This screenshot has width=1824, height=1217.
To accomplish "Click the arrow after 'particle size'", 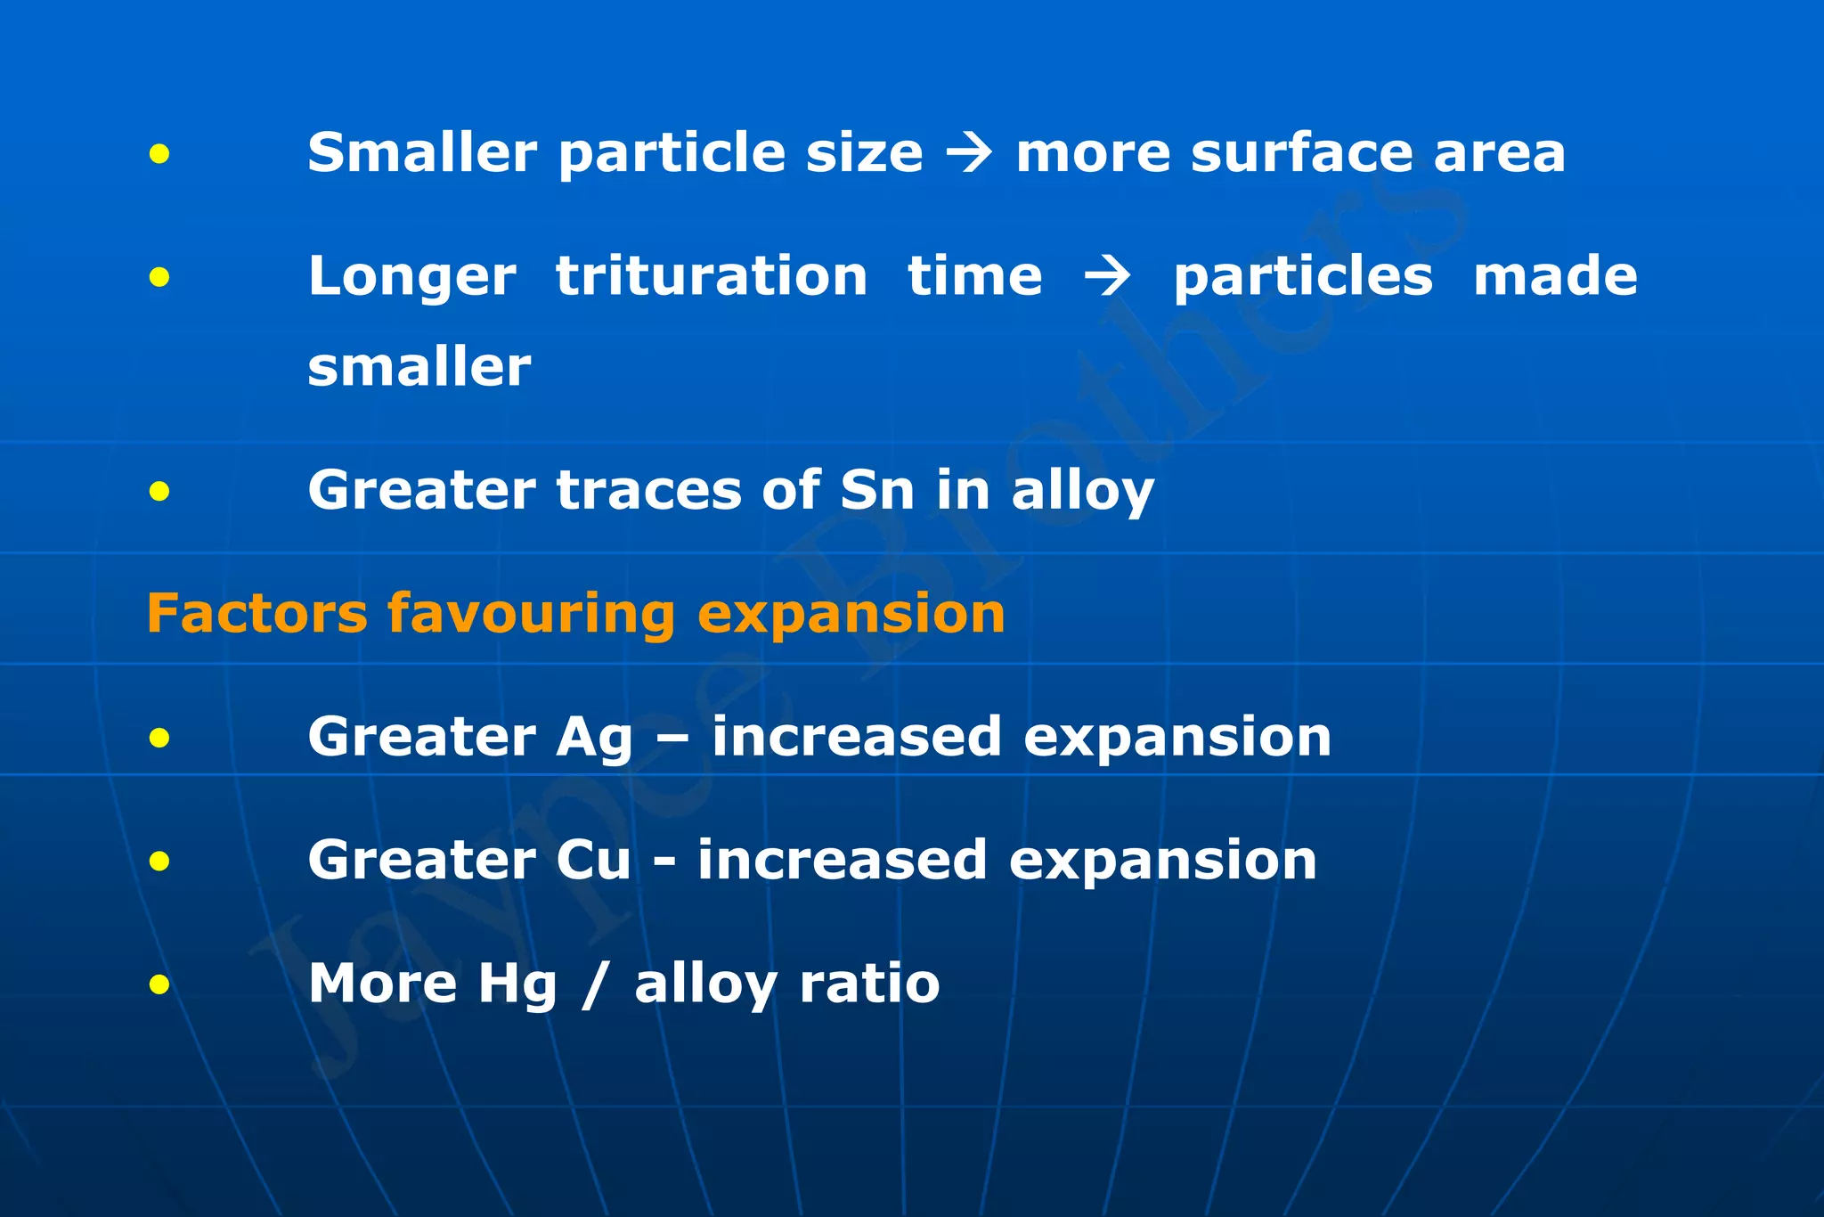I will point(969,152).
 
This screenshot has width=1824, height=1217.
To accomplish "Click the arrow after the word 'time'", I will point(1108,275).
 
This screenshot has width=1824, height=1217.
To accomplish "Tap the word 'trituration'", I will point(712,275).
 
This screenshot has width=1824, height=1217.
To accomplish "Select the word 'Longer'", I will point(411,277).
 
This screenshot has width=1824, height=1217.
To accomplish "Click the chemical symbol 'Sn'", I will point(877,489).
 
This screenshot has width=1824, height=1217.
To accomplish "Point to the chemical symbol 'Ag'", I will point(594,739).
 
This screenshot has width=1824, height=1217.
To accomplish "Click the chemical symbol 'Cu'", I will point(593,860).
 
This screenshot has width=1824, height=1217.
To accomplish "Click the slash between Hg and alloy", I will point(595,985).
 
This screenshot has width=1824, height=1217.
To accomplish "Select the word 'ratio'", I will point(869,984).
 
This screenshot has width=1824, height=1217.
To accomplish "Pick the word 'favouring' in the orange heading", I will point(531,615).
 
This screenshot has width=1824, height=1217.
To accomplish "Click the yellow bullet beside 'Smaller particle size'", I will point(159,154).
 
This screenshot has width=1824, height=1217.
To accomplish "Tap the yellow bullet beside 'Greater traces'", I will point(159,491).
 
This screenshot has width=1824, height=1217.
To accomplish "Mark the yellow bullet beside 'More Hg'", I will point(159,984).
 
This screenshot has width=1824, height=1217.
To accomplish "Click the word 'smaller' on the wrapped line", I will point(419,366).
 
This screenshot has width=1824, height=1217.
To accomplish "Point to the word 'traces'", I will point(647,490).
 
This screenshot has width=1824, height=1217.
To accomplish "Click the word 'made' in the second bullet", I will point(1555,275).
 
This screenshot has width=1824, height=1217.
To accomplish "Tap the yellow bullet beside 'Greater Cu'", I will point(159,861).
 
